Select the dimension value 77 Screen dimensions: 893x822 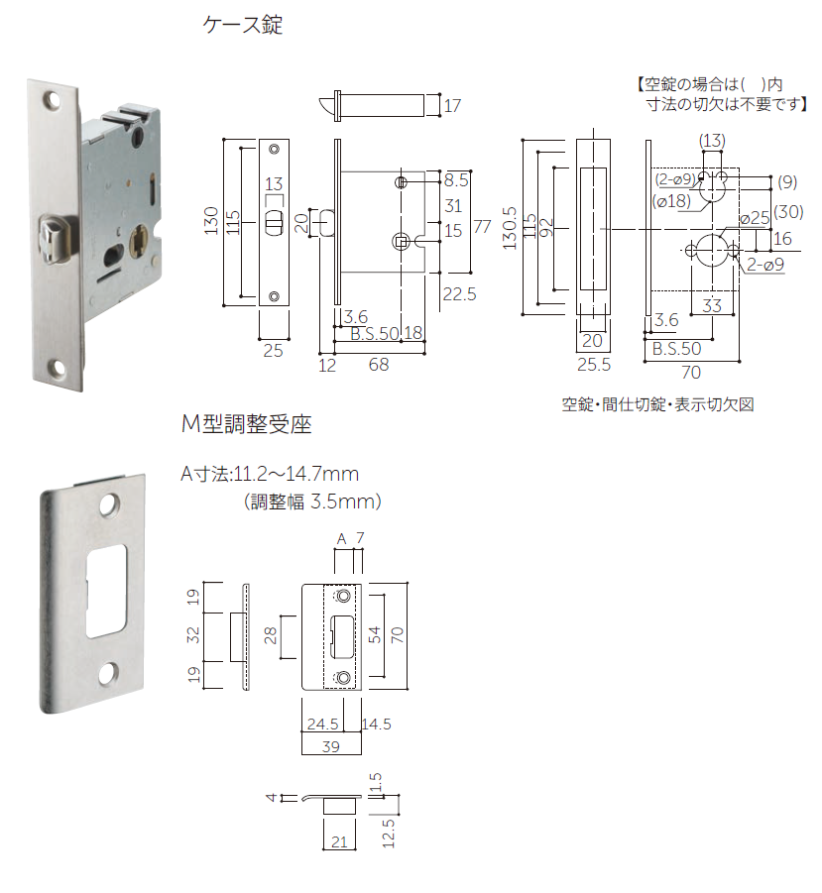coord(482,226)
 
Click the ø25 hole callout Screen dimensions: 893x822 coord(755,217)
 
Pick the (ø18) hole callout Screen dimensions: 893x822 coord(672,201)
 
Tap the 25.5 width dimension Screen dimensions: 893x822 coord(592,365)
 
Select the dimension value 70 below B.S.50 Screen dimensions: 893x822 coord(692,373)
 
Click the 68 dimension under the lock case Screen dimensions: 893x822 coord(378,366)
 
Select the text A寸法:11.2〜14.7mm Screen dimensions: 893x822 coord(269,474)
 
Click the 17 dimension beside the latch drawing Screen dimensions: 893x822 coord(452,105)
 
